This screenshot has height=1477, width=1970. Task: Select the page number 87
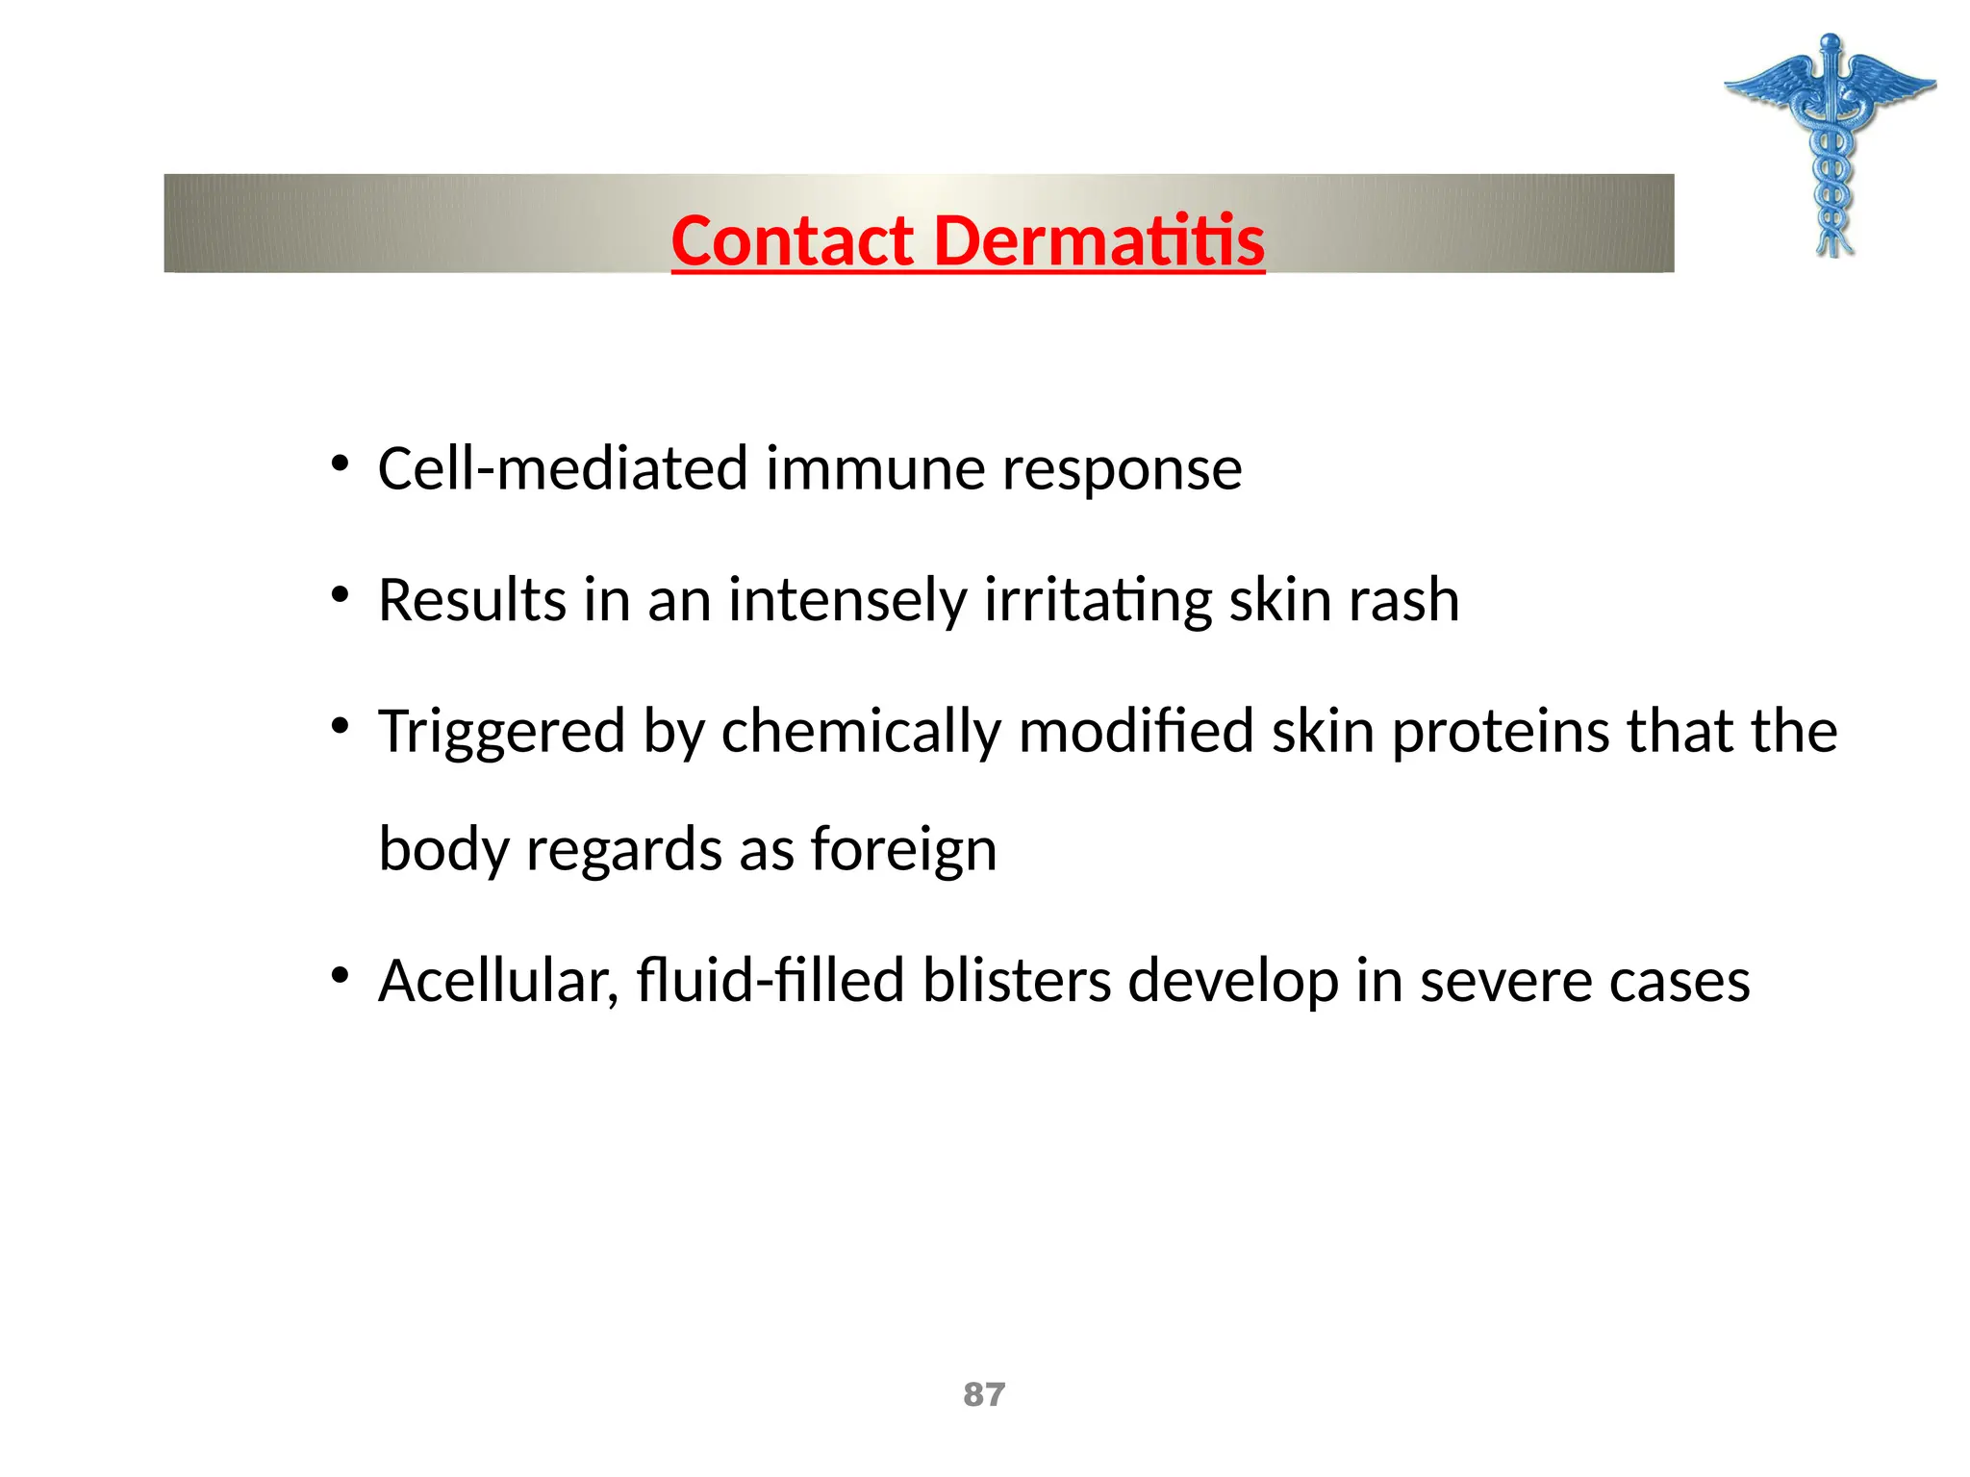tap(984, 1394)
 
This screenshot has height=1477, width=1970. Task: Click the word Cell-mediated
tap(563, 469)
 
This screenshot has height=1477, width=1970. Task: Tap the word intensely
tap(846, 601)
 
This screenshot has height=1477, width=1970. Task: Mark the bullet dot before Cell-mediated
tap(340, 465)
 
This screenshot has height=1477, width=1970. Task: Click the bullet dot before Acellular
tap(340, 977)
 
